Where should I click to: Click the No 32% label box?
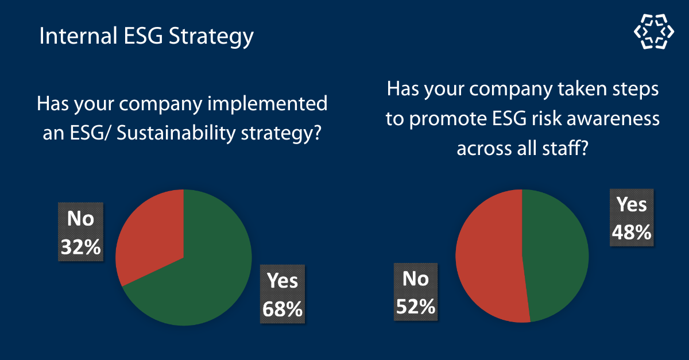coord(81,232)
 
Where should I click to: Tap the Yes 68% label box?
coord(282,294)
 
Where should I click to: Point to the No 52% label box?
coord(415,292)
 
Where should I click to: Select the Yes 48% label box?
coord(632,218)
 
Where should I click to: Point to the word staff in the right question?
coord(568,149)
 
